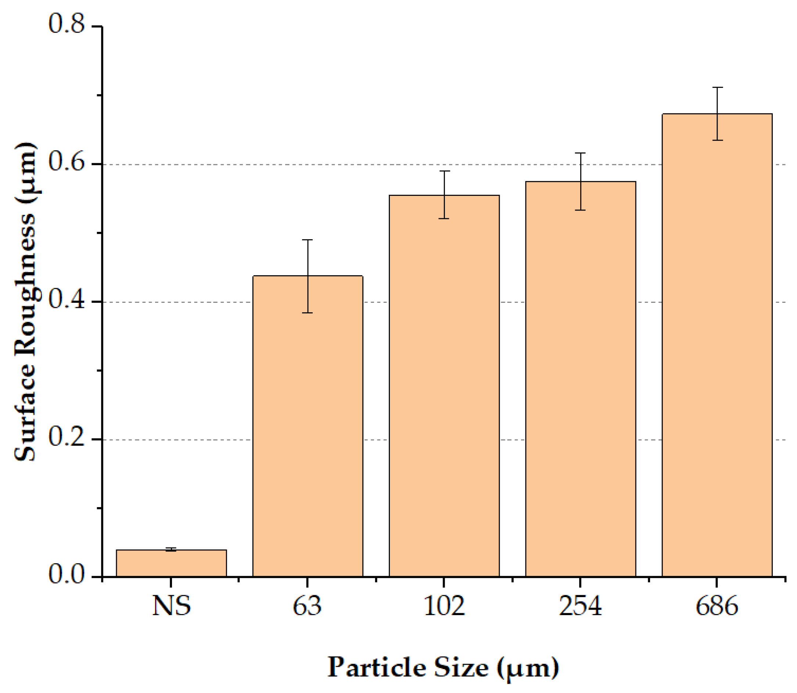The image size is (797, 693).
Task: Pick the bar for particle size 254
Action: coord(581,379)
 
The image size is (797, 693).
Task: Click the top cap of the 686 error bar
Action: coord(717,88)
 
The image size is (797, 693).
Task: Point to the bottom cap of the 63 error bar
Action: coord(308,312)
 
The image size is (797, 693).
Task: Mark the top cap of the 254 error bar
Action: coord(580,154)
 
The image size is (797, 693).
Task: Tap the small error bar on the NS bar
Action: coord(171,550)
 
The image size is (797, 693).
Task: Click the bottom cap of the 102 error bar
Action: coord(444,219)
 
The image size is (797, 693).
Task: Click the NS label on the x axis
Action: coord(171,606)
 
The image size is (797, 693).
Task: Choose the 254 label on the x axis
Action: coord(580,606)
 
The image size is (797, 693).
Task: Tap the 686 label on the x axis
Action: coord(717,606)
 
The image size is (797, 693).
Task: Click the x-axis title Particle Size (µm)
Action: coord(443,667)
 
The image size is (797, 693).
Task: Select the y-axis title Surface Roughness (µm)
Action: coord(25,302)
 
